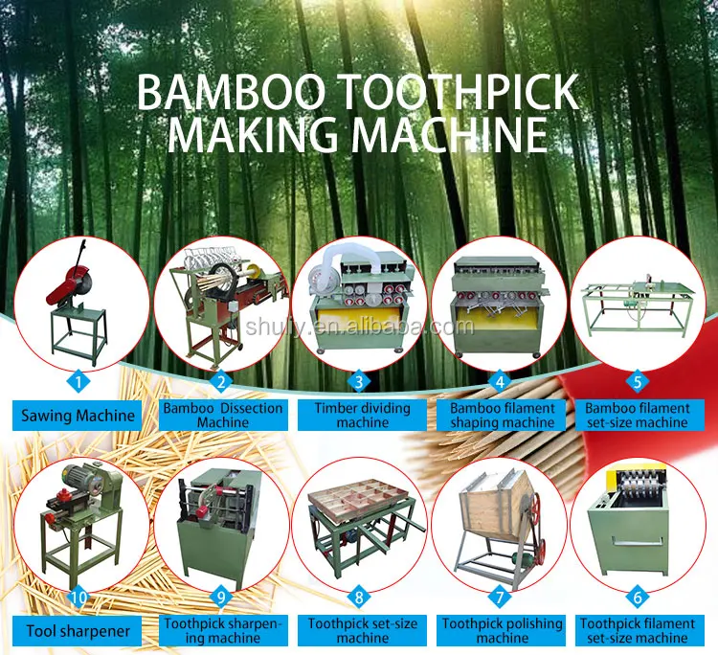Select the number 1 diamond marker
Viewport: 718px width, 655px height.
pos(80,379)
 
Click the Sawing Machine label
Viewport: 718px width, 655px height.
pos(79,416)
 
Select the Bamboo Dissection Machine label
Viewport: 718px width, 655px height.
pos(222,416)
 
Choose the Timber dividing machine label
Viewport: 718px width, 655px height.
pos(362,416)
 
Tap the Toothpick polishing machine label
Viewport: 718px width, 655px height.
pos(502,631)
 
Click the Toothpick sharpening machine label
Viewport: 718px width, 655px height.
pos(221,631)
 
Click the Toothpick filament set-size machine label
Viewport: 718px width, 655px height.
pos(637,631)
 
